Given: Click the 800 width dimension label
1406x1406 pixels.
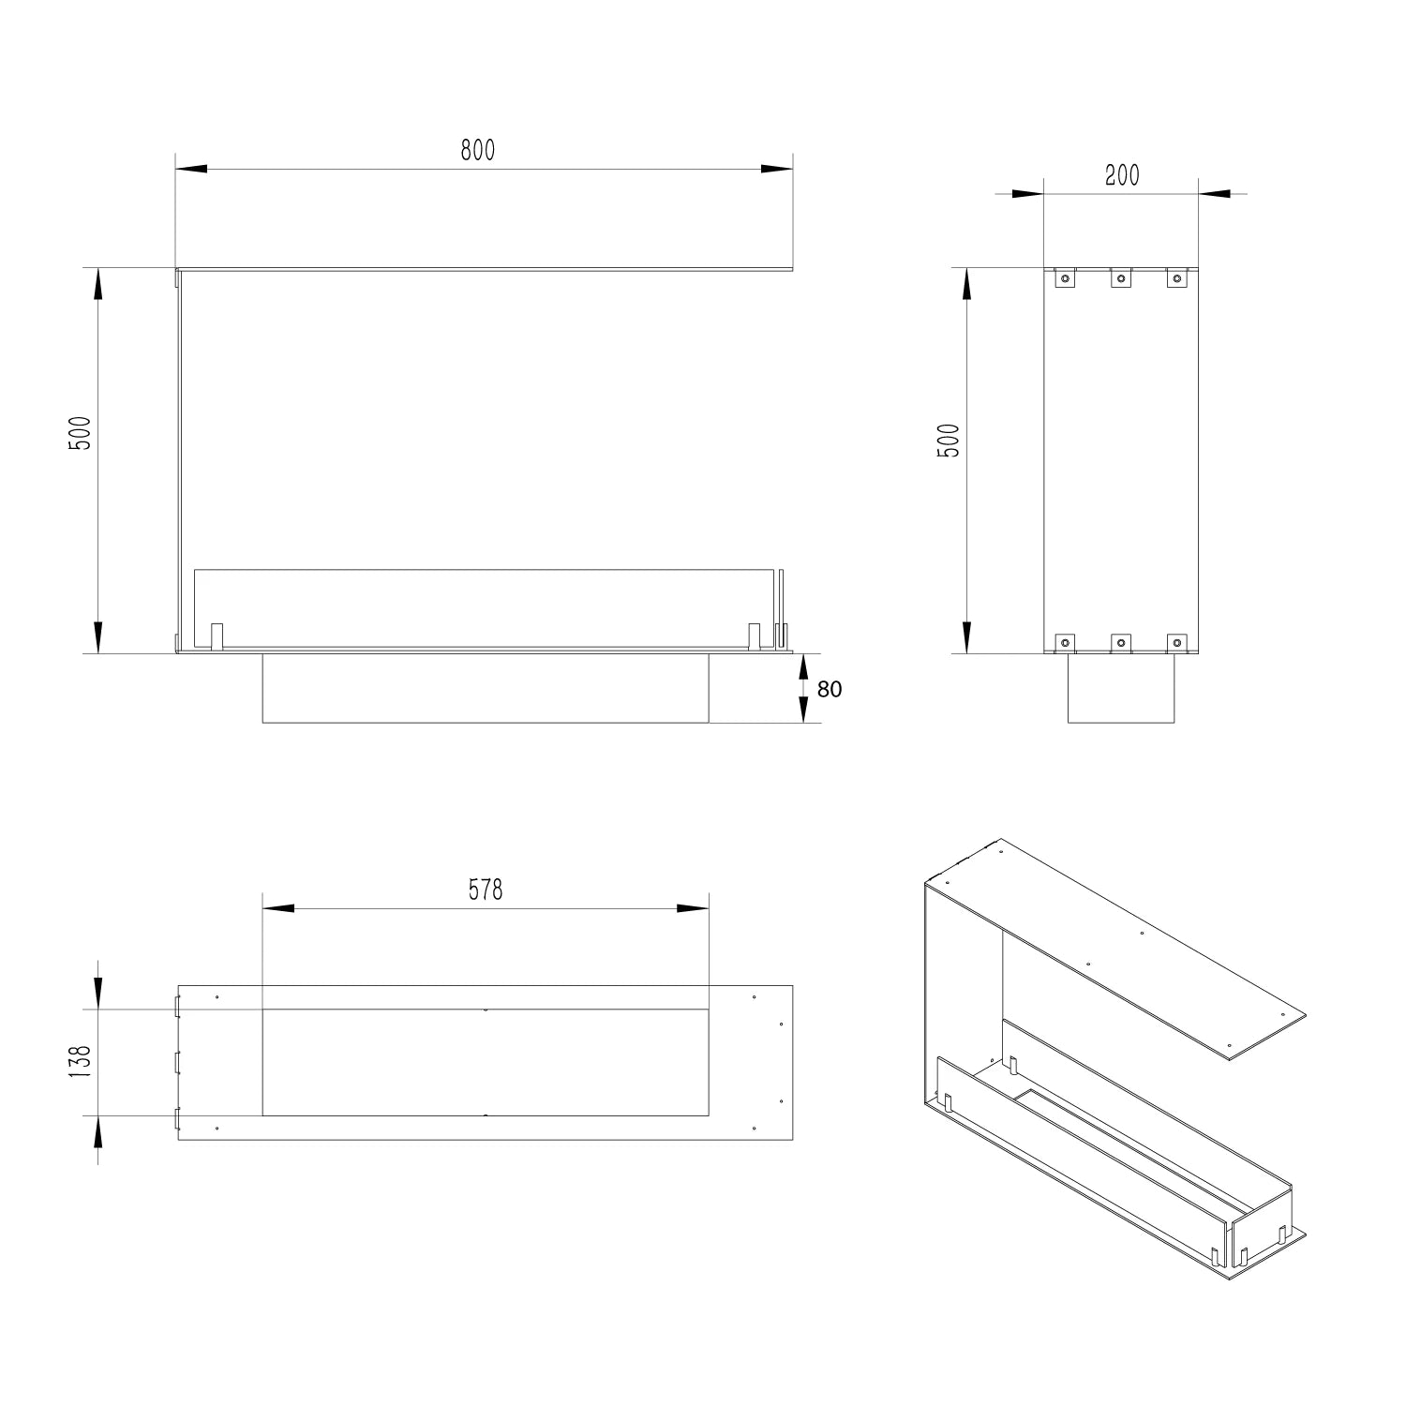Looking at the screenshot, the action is pyautogui.click(x=477, y=150).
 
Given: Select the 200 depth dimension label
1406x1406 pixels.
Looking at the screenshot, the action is pyautogui.click(x=1122, y=175).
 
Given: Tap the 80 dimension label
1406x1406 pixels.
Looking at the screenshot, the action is pyautogui.click(x=830, y=689).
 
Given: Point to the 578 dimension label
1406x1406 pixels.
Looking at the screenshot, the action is pyautogui.click(x=486, y=889).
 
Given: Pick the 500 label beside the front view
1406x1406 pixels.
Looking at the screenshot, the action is pyautogui.click(x=81, y=433).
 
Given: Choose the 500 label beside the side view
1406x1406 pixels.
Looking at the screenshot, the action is pyautogui.click(x=949, y=441).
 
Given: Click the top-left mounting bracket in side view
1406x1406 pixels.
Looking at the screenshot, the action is pyautogui.click(x=1065, y=277).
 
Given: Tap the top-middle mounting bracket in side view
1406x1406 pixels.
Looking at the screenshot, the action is pyautogui.click(x=1121, y=277).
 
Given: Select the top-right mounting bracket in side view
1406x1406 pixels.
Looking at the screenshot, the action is pyautogui.click(x=1177, y=277).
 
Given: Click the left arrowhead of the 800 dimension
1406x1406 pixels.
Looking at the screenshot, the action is pyautogui.click(x=191, y=169).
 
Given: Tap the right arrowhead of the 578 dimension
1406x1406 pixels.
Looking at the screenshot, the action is pyautogui.click(x=693, y=908).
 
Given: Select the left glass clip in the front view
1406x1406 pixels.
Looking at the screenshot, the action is pyautogui.click(x=217, y=635).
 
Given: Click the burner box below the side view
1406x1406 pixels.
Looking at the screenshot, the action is pyautogui.click(x=1121, y=688).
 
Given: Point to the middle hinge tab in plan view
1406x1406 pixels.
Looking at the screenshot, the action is pyautogui.click(x=175, y=1062).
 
